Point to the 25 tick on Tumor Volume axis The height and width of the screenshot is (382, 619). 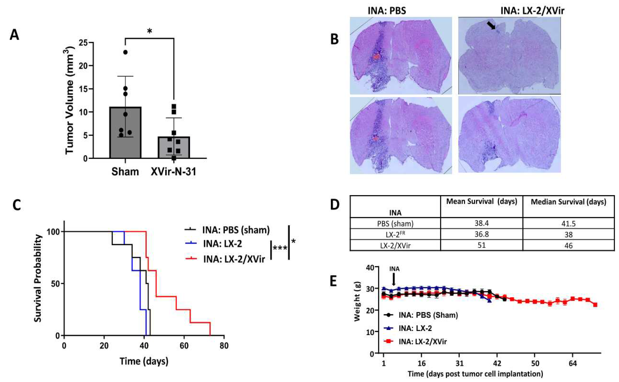click(84, 43)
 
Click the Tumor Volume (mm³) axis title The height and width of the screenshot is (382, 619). click(69, 100)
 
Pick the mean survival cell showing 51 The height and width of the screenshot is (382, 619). click(481, 245)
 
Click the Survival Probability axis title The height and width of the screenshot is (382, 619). click(38, 278)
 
